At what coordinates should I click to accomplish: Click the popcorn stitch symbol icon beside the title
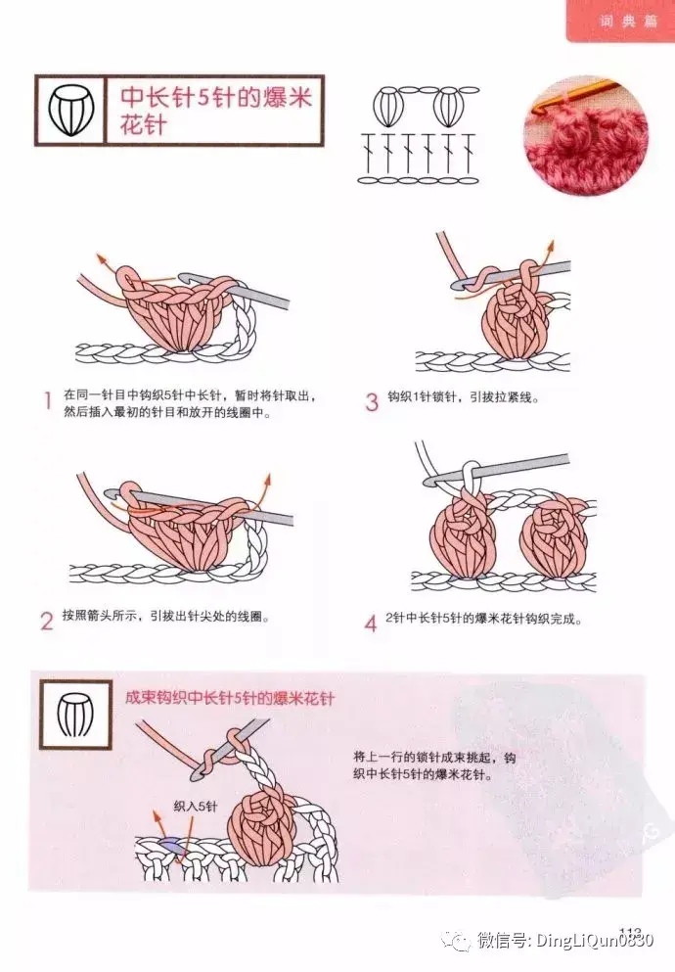[x=70, y=111]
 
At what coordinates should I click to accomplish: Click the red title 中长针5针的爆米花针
[x=216, y=111]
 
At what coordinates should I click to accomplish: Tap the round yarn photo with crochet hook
[x=586, y=136]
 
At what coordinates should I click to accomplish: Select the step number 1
[x=47, y=401]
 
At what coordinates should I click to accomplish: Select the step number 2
[x=47, y=621]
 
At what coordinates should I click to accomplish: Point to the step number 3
[x=372, y=401]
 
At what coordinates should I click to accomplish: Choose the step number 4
[x=371, y=623]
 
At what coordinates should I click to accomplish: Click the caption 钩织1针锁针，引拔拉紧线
[x=464, y=397]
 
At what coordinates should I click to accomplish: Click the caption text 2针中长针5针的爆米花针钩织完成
[x=483, y=619]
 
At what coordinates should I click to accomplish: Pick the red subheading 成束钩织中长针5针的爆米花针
[x=230, y=699]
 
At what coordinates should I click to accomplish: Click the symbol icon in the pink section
[x=75, y=715]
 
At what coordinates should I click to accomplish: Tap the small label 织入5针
[x=196, y=807]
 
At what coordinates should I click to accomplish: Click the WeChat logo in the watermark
[x=460, y=942]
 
